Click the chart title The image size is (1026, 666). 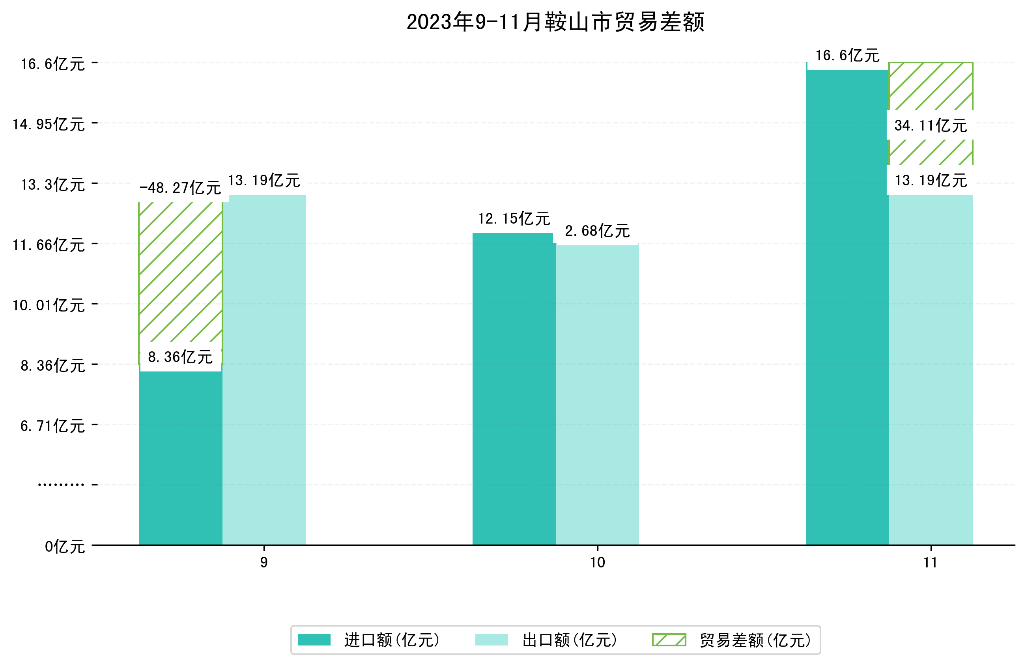pos(555,22)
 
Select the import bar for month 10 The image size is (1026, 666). pos(514,388)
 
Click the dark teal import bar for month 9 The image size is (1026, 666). pos(180,457)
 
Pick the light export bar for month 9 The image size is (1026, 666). pos(264,371)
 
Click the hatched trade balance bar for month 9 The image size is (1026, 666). pos(180,276)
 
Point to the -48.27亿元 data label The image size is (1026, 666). pos(180,188)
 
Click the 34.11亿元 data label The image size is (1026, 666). pos(930,125)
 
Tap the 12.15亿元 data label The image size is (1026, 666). pos(514,218)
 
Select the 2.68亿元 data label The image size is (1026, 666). pos(597,231)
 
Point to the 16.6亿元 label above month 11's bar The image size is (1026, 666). pos(847,56)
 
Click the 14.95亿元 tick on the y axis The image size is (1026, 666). pos(49,124)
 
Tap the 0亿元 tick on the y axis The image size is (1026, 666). pos(65,547)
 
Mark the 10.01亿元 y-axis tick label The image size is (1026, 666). pos(49,305)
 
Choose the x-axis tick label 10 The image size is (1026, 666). pos(597,562)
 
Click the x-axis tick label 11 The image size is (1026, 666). pos(930,562)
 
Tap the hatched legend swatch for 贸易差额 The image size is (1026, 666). pos(669,640)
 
